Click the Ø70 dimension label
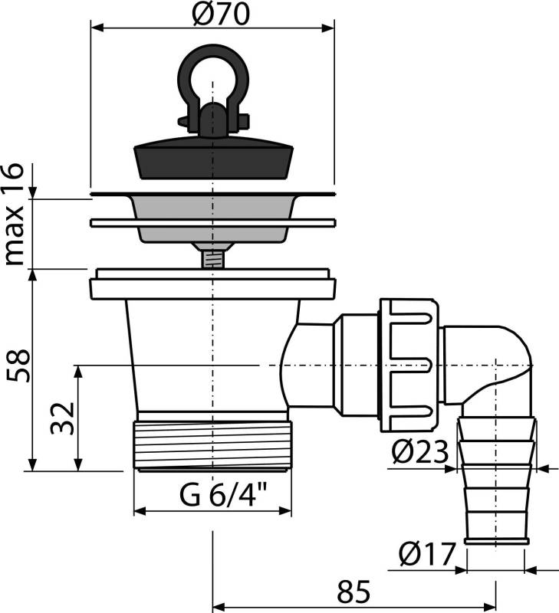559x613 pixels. pyautogui.click(x=221, y=15)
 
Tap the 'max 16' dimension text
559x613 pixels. pyautogui.click(x=15, y=215)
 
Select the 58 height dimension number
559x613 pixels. pyautogui.click(x=18, y=366)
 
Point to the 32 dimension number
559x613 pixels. pyautogui.click(x=62, y=417)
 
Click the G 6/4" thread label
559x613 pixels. pyautogui.click(x=223, y=494)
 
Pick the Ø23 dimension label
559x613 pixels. pyautogui.click(x=419, y=452)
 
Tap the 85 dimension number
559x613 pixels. pyautogui.click(x=353, y=592)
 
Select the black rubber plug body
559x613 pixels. pyautogui.click(x=214, y=158)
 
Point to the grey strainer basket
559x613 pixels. pyautogui.click(x=213, y=219)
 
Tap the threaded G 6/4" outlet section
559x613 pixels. pyautogui.click(x=213, y=444)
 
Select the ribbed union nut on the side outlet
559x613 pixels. pyautogui.click(x=409, y=366)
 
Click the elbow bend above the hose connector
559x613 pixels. pyautogui.click(x=505, y=359)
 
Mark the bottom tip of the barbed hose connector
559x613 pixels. pyautogui.click(x=496, y=543)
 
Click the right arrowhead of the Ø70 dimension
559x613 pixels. pyautogui.click(x=329, y=28)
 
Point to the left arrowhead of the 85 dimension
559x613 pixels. pyautogui.click(x=219, y=608)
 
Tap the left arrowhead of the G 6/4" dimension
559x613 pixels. pyautogui.click(x=140, y=510)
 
